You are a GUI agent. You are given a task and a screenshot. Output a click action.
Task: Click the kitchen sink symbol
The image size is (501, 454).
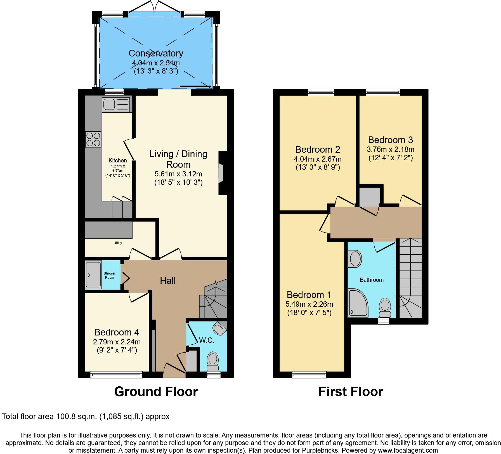tap(116, 105)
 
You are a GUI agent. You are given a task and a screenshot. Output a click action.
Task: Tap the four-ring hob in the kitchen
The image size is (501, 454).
tap(93, 139)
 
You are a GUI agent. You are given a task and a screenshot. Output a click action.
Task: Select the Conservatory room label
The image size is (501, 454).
tap(156, 53)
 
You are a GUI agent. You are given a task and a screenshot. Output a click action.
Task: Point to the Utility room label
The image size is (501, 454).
tap(118, 243)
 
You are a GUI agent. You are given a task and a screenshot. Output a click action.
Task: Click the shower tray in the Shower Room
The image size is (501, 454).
tap(93, 275)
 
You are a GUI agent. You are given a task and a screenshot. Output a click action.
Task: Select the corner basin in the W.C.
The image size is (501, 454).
tap(219, 328)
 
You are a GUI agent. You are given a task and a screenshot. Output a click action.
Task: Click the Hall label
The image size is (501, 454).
tap(168, 280)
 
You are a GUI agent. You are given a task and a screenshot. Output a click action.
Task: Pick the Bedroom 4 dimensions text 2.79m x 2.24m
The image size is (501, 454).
tap(117, 342)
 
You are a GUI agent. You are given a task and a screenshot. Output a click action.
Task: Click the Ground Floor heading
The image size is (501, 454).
tap(156, 392)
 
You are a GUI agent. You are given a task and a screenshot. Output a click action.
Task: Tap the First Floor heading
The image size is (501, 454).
tap(351, 392)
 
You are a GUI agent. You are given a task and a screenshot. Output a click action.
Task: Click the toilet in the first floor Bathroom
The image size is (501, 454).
tap(385, 308)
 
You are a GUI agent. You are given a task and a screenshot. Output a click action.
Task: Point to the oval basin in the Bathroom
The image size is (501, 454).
tap(355, 259)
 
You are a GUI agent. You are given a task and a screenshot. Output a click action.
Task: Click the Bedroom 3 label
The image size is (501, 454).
tap(390, 140)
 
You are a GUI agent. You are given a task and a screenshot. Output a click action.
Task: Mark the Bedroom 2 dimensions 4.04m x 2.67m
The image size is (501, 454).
tap(318, 159)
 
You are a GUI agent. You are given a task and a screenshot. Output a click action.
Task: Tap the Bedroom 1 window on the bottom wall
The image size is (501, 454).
tap(309, 374)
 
